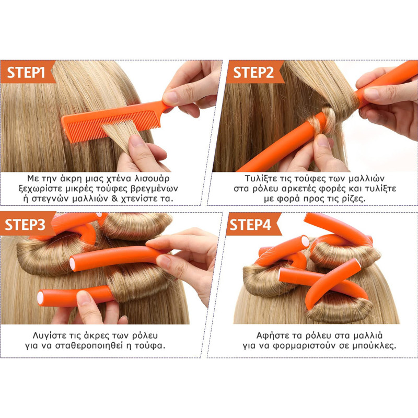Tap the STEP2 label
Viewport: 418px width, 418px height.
253,72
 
